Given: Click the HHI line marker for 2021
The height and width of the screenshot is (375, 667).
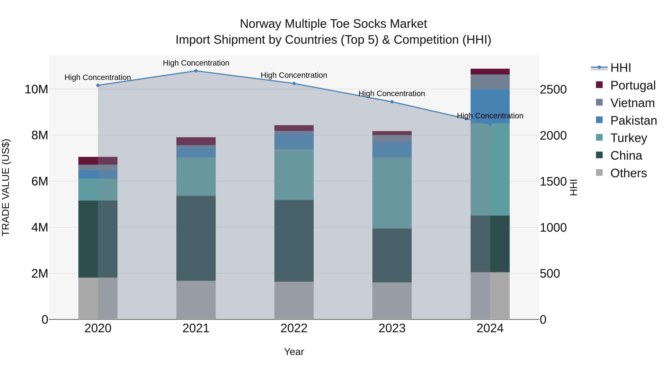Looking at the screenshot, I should pos(196,71).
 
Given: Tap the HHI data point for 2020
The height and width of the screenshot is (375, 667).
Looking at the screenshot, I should pos(98,85).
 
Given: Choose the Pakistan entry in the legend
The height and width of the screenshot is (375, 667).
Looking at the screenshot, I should pos(633,121).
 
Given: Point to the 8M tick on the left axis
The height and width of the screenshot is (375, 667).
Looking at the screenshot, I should pos(40,135).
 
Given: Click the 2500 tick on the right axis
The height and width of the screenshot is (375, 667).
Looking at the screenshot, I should pos(553,90).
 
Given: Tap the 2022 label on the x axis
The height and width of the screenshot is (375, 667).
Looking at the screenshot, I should pos(294,328).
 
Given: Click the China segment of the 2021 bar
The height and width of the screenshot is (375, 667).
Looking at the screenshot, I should pos(196,238).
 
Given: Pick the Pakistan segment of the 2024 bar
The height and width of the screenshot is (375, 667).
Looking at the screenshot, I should pos(490,106).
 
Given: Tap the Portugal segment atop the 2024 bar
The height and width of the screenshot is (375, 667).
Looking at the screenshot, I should pos(490,72).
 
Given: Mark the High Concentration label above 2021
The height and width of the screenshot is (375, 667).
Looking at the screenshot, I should pos(196,63).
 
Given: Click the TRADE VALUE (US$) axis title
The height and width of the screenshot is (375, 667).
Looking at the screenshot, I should pos(6,187).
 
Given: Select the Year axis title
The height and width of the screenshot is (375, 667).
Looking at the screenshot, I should pos(294,352).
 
